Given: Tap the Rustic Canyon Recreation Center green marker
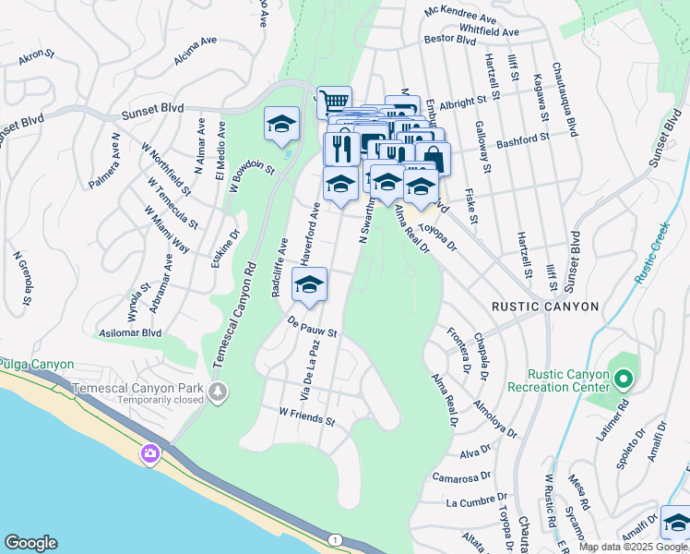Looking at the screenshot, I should point(624,379).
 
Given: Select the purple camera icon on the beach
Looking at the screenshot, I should point(149,453).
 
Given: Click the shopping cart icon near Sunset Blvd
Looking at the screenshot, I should point(334,101).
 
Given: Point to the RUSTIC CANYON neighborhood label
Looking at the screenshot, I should point(545,307).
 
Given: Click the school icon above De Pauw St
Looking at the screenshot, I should point(309,284).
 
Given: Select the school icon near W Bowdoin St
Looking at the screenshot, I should point(281,124).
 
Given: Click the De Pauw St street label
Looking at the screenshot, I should point(312,327).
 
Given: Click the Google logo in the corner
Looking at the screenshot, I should point(30,543).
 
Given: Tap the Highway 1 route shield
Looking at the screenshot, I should point(334,539).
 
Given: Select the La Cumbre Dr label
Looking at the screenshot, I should point(471,503).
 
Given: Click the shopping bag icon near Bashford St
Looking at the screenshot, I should point(432,159).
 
